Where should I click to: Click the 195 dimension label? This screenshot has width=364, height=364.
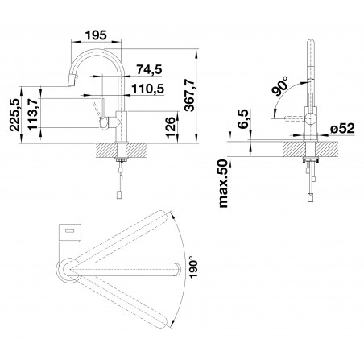click(x=96, y=35)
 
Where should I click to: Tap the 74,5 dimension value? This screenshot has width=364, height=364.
click(x=149, y=70)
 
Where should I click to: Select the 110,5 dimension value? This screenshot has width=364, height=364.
click(x=147, y=89)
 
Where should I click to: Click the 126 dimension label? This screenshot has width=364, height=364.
click(x=171, y=127)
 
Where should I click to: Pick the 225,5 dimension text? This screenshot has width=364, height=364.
click(x=14, y=114)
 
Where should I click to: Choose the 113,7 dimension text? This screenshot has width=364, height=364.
click(x=33, y=114)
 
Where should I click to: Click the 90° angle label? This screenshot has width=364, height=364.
click(x=279, y=86)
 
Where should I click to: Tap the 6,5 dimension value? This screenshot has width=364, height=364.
click(x=244, y=120)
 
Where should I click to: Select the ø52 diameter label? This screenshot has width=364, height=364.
click(x=342, y=129)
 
